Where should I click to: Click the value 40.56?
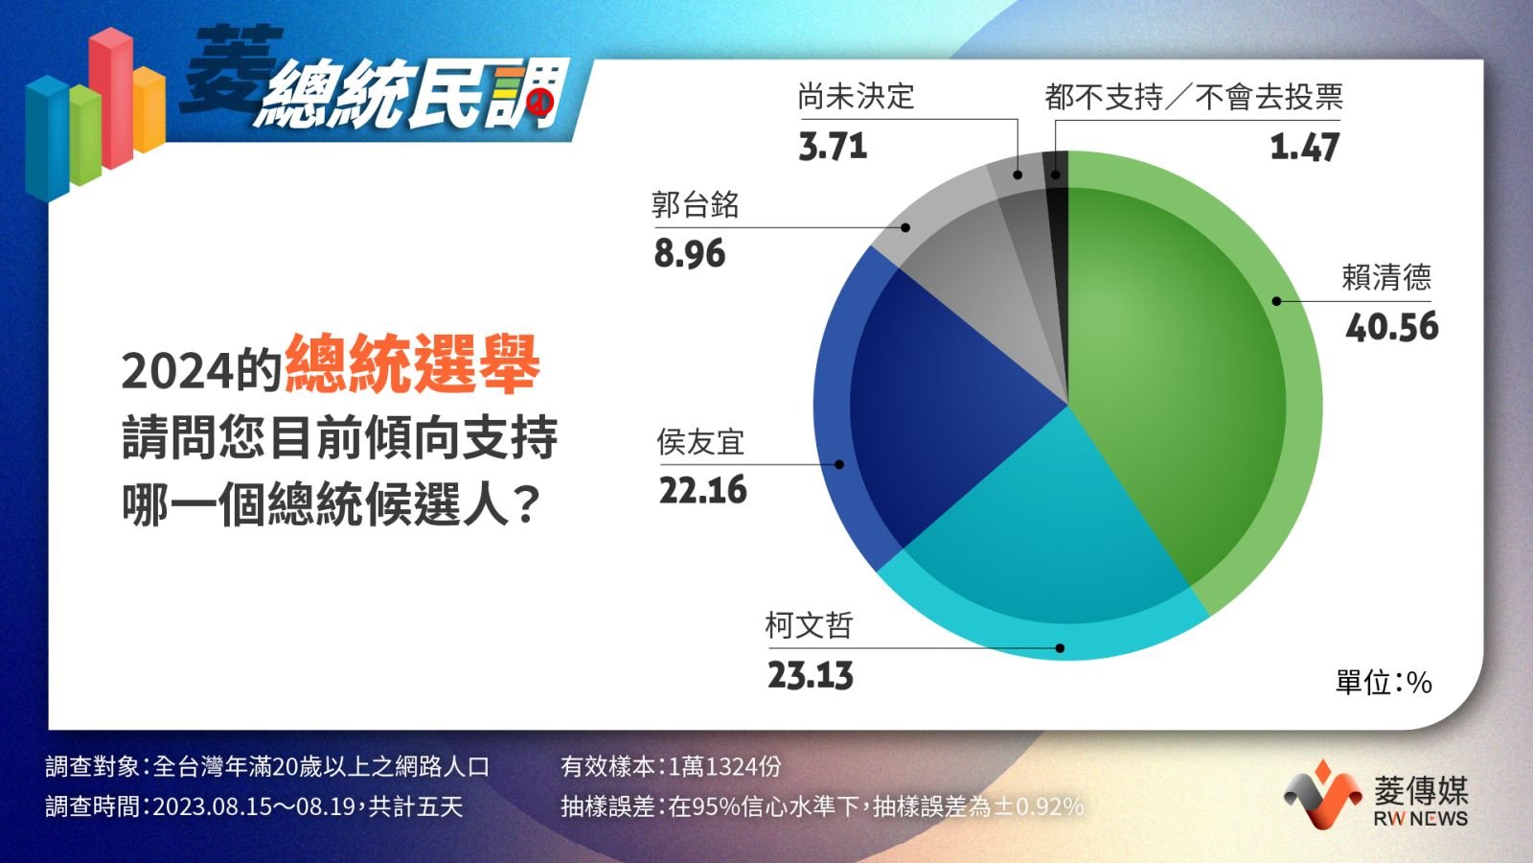coord(1392,327)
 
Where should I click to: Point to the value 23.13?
coord(811,675)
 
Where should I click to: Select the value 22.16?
coord(703,490)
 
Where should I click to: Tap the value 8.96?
coord(689,253)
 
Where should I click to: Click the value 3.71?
coord(833,146)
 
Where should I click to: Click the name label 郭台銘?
coord(696,205)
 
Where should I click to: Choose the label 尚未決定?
coord(857,97)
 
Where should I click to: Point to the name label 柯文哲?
coord(810,625)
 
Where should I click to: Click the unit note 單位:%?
coord(1384,682)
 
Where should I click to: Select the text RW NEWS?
coord(1421,819)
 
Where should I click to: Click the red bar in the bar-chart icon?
coord(110,97)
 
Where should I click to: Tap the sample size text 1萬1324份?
coord(724,766)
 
